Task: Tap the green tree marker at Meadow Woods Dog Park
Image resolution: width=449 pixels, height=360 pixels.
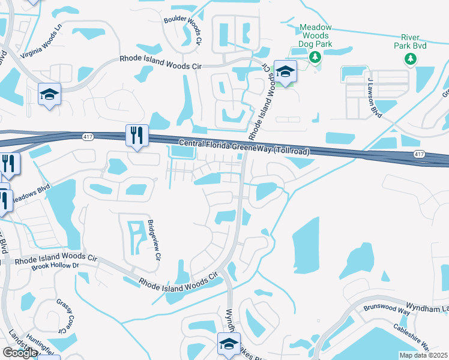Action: click(x=314, y=57)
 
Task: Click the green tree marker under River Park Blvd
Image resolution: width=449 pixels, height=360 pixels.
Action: click(x=411, y=59)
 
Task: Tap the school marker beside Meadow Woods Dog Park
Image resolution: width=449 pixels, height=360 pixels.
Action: click(x=286, y=71)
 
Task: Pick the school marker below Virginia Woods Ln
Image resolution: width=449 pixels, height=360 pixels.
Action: click(x=50, y=94)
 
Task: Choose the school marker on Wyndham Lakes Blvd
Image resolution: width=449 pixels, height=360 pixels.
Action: click(x=229, y=344)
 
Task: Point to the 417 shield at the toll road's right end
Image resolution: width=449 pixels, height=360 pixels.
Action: click(x=419, y=154)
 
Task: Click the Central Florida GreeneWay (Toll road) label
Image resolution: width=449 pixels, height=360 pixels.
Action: click(x=244, y=147)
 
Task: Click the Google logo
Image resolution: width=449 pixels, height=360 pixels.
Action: click(x=20, y=352)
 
